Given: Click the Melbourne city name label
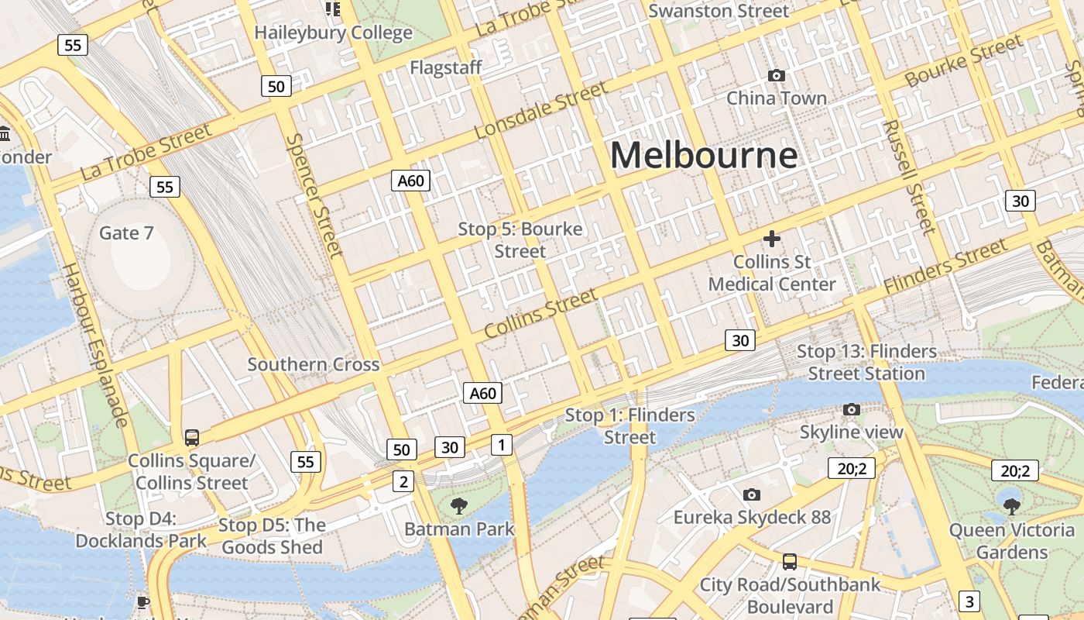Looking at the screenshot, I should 704,155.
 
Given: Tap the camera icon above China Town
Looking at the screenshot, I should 776,75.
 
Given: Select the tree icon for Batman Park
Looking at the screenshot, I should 459,506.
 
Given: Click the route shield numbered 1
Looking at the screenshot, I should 502,444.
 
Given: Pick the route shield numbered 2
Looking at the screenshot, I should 403,481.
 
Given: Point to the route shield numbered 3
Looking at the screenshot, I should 969,601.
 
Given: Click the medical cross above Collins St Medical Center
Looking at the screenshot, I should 771,239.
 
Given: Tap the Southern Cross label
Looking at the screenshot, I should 313,364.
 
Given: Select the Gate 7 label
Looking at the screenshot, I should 126,232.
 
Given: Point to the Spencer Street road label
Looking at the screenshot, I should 314,195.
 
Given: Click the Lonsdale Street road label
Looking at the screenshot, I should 541,111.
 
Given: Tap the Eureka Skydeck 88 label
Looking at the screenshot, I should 752,518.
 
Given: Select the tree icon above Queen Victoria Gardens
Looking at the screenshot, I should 1011,507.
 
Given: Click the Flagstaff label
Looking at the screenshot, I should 445,67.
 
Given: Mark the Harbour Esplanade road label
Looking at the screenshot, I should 94,345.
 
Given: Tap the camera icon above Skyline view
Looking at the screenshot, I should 851,409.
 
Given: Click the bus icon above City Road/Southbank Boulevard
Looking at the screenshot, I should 790,562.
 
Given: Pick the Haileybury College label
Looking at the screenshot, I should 333,33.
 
